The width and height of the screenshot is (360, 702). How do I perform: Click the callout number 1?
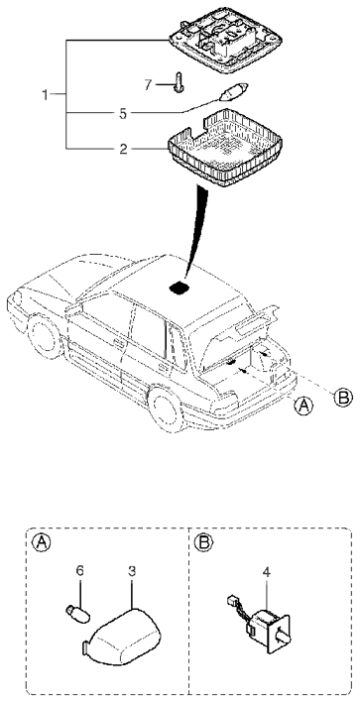(x=45, y=95)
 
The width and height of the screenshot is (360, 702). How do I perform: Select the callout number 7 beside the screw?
(x=148, y=84)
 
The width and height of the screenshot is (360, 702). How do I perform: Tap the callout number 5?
(x=123, y=114)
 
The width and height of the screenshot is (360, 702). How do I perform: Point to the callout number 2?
(x=123, y=148)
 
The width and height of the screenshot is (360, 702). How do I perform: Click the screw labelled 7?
(x=179, y=82)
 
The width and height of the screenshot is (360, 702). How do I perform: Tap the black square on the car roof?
(x=180, y=287)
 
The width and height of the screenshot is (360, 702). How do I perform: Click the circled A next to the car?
(x=303, y=406)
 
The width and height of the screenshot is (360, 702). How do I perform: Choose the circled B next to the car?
(x=343, y=397)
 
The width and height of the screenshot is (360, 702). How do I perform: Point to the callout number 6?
(x=80, y=571)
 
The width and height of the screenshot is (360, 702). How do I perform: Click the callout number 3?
(x=132, y=571)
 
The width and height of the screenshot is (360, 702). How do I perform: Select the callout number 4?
(x=266, y=572)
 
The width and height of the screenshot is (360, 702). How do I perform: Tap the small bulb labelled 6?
(x=77, y=612)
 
